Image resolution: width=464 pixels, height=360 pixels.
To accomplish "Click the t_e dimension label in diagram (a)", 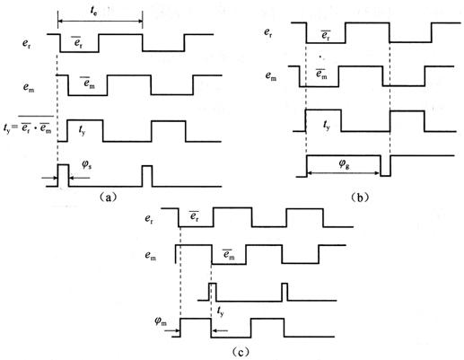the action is tap(93, 12).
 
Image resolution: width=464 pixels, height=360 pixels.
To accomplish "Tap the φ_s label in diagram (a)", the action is tap(87, 165).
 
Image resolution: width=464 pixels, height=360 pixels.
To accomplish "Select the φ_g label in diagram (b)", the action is tap(344, 164).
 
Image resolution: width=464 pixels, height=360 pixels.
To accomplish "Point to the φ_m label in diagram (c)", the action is tap(161, 321).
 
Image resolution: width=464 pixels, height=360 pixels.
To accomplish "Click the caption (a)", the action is tap(107, 197).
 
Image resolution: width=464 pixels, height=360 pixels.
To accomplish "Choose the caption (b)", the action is tap(359, 198).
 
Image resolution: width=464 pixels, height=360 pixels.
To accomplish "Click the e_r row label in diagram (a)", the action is tap(26, 44).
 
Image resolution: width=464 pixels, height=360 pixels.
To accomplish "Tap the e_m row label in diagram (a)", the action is tap(29, 88).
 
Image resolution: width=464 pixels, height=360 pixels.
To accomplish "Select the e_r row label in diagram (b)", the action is tap(268, 32).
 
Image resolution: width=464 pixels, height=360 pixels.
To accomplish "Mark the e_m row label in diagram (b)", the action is tap(271, 75).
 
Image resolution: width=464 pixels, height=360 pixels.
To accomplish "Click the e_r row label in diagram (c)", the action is tap(149, 219).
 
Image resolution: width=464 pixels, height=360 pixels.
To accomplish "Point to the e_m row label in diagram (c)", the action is tap(151, 256).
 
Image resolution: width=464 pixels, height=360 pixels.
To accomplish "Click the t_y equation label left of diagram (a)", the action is tap(28, 126).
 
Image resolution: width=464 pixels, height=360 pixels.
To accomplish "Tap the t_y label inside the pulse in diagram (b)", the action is tap(327, 126).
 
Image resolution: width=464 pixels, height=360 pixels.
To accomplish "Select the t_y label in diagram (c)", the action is tap(220, 312).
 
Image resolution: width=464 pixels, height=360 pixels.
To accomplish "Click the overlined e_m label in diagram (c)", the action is tap(229, 254).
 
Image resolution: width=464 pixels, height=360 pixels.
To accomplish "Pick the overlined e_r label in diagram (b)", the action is tap(326, 35).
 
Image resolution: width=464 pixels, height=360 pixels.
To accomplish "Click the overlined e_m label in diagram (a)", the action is tap(89, 82).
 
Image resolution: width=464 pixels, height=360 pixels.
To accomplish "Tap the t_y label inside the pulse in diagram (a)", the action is tap(82, 130).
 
